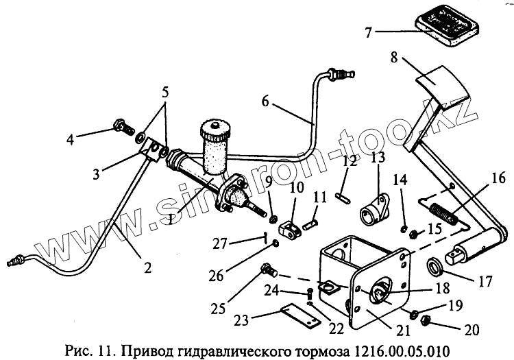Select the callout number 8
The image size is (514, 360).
pyautogui.click(x=393, y=59)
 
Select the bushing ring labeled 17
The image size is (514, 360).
pyautogui.click(x=435, y=265)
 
